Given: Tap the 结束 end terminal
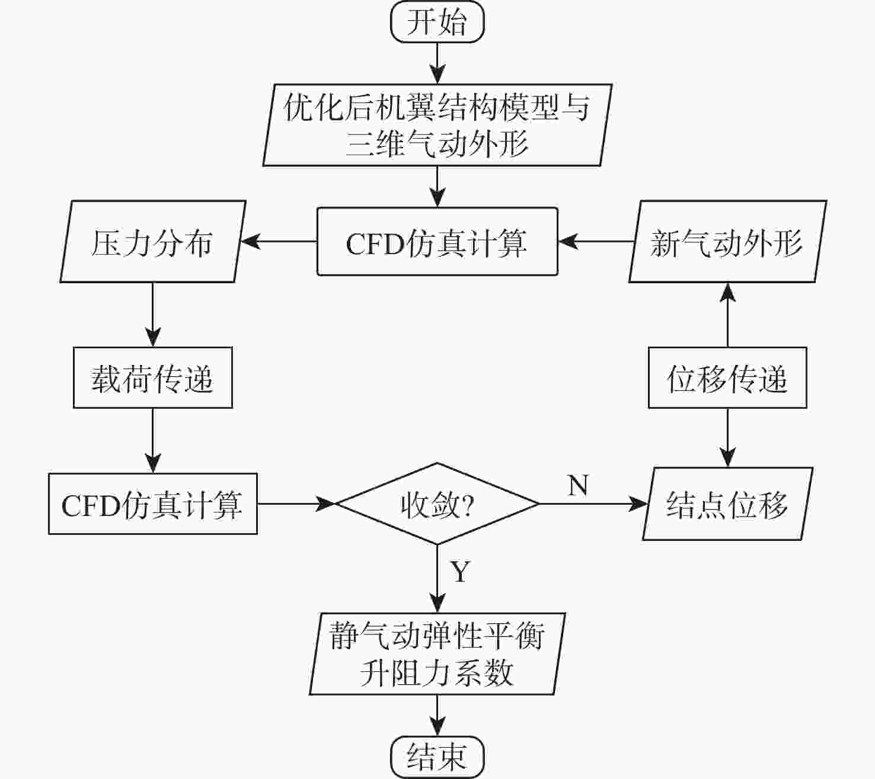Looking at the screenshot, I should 437,756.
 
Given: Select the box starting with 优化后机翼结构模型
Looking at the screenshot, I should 437,124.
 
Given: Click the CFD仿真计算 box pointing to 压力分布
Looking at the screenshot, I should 437,242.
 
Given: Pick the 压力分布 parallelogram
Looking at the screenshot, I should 152,242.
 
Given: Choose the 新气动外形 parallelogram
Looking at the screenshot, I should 727,242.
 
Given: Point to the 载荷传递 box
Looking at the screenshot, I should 152,377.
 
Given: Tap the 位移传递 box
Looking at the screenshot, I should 727,377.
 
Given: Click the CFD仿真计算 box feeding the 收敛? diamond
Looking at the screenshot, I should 152,504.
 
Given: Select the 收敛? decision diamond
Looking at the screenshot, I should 437,504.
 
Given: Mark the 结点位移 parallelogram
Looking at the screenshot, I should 727,504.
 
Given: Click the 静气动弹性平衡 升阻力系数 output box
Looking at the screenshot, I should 437,653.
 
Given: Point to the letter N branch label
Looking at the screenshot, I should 578,485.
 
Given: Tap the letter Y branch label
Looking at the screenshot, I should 460,571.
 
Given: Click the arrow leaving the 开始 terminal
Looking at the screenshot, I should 437,63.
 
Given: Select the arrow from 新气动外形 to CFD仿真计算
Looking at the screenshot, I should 595,242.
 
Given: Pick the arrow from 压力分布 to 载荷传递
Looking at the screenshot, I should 152,314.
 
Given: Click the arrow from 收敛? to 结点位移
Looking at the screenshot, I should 593,504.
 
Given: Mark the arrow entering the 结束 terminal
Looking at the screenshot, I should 437,715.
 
